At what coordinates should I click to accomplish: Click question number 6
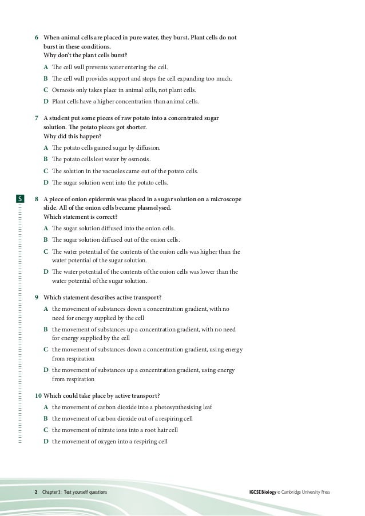click(x=37, y=38)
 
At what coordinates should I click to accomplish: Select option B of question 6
click(x=46, y=78)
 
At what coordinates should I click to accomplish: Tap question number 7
click(x=37, y=118)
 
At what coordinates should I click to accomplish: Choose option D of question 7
click(x=46, y=182)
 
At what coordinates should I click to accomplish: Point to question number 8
click(x=37, y=199)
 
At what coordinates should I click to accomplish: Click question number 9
click(x=37, y=297)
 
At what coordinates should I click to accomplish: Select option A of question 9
click(x=46, y=309)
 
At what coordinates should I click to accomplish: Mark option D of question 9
click(x=46, y=370)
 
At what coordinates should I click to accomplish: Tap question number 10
click(x=37, y=395)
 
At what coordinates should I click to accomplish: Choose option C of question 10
click(x=46, y=430)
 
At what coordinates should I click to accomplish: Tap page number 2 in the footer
click(x=36, y=492)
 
